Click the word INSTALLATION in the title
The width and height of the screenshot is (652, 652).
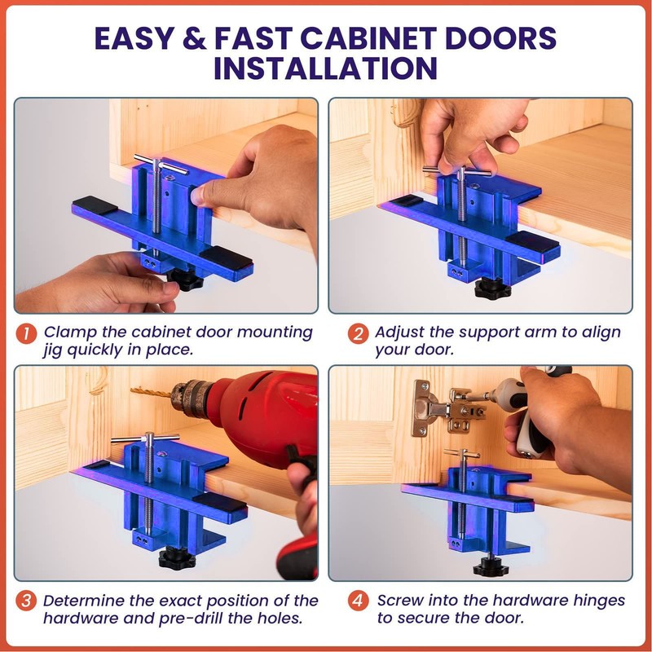[325, 68]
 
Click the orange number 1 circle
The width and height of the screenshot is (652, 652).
[27, 333]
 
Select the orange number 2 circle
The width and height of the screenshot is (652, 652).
[356, 333]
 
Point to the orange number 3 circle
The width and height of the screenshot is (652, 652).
[27, 601]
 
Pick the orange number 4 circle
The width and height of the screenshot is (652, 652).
[356, 601]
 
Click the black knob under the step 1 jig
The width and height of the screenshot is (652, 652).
[186, 282]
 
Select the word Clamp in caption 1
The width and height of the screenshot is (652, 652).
[68, 333]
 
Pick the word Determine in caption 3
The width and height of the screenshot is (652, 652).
[84, 601]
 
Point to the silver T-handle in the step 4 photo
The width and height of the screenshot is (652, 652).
[462, 453]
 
